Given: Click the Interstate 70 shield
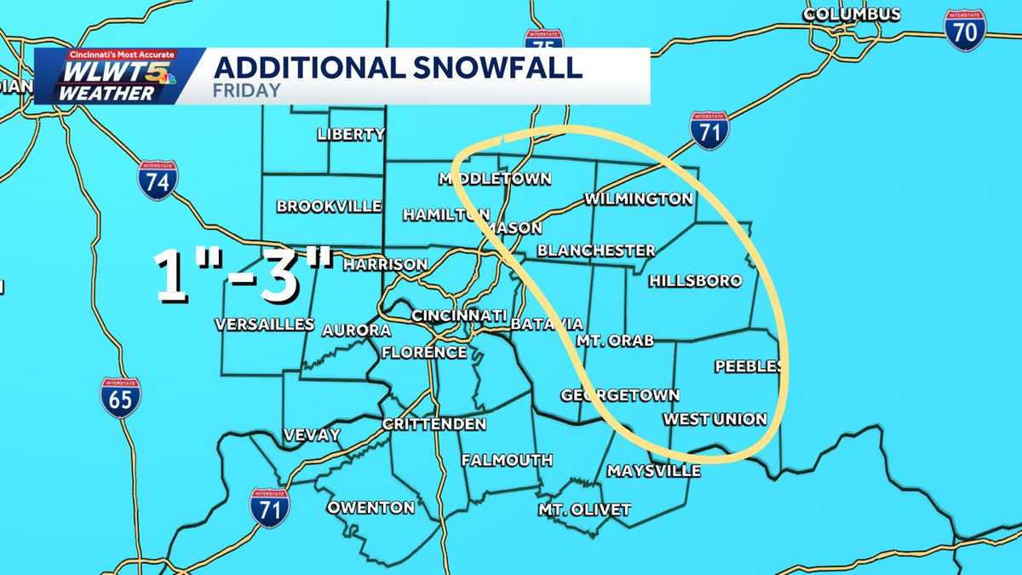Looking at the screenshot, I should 966,31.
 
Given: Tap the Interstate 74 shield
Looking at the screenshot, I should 158,181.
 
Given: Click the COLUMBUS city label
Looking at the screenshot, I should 852,14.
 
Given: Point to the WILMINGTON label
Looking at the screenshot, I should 638,199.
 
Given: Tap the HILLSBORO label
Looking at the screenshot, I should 695,281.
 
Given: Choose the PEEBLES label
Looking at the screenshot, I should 748,366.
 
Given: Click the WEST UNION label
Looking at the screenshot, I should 715,419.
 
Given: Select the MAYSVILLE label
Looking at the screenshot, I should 653,471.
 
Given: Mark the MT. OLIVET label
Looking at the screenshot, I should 584,510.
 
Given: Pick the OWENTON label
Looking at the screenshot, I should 371,508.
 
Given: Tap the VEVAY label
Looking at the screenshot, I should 312,435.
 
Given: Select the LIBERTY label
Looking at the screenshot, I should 351,135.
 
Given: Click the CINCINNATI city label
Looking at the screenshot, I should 460,316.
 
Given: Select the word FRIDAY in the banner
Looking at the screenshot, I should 248,90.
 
